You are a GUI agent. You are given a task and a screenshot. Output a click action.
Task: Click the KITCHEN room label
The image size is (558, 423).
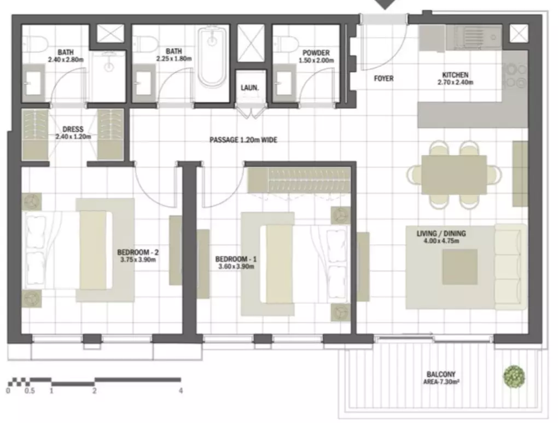[x=455, y=75]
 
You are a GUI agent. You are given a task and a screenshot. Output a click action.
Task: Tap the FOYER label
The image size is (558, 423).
[x=383, y=78]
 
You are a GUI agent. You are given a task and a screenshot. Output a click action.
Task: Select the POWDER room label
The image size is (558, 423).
[x=316, y=53]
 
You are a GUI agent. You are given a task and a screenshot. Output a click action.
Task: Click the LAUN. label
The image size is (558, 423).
[x=249, y=87]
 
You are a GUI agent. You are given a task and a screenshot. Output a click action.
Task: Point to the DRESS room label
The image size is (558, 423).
[x=73, y=129]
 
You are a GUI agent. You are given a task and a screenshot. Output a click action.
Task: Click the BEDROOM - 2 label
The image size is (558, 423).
[x=138, y=252]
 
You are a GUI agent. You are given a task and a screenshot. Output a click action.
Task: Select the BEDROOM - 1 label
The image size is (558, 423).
[x=236, y=259]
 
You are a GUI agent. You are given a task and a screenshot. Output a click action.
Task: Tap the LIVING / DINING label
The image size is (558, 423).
[x=441, y=233]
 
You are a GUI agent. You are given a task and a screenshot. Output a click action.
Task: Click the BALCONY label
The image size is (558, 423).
[x=441, y=374]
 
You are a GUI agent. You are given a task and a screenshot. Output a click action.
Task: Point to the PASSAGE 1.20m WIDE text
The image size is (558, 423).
[x=243, y=140]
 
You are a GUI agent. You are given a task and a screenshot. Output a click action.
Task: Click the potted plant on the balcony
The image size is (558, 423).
[x=514, y=377]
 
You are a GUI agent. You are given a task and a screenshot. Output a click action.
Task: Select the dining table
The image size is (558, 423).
[x=454, y=174]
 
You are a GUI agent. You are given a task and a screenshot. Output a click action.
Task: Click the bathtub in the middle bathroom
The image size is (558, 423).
[x=212, y=57]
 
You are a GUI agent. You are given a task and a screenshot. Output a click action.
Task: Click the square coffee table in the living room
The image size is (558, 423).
[x=460, y=267]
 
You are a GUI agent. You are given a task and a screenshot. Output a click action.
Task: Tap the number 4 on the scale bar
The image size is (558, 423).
[x=181, y=391]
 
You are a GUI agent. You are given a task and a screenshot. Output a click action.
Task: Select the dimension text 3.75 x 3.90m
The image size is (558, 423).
[x=138, y=260]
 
